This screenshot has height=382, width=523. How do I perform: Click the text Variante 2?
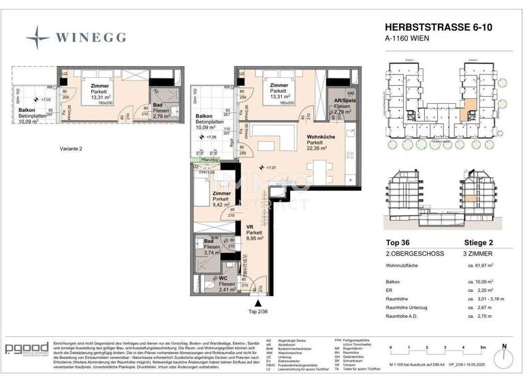[x=69, y=148]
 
